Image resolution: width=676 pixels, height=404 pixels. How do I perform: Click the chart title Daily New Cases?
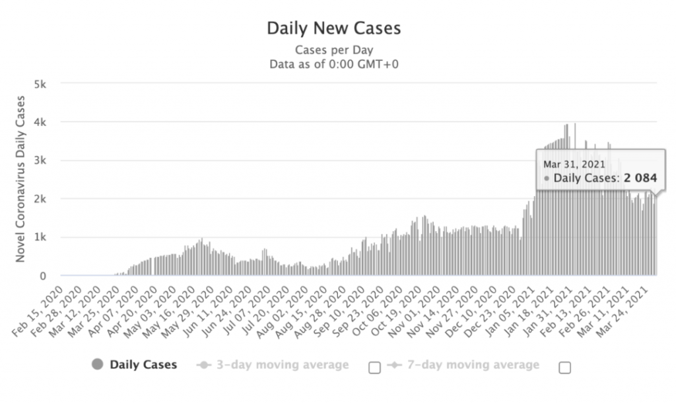[333, 28]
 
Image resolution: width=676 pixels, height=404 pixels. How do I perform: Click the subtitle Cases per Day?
[333, 50]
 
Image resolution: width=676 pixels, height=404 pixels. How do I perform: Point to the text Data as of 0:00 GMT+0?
[333, 64]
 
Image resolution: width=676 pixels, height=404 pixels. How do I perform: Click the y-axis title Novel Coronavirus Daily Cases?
[20, 179]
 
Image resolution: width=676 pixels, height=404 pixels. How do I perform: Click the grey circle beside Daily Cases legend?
[98, 364]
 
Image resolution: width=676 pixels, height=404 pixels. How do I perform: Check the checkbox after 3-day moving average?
[374, 368]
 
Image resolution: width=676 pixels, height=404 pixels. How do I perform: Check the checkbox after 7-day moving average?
[564, 368]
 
